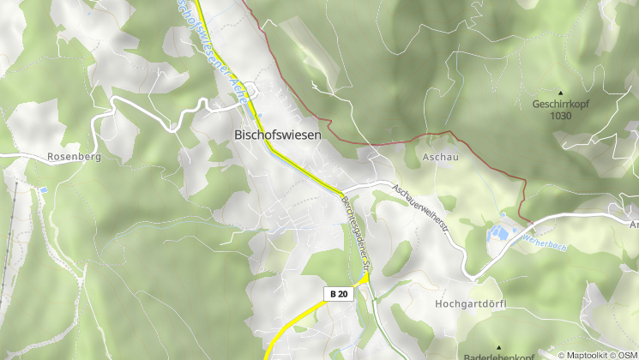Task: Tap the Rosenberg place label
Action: click(69, 158)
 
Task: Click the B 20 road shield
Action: click(338, 294)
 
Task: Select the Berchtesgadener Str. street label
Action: click(354, 234)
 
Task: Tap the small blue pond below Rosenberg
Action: click(43, 190)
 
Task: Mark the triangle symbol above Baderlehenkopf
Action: click(497, 347)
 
